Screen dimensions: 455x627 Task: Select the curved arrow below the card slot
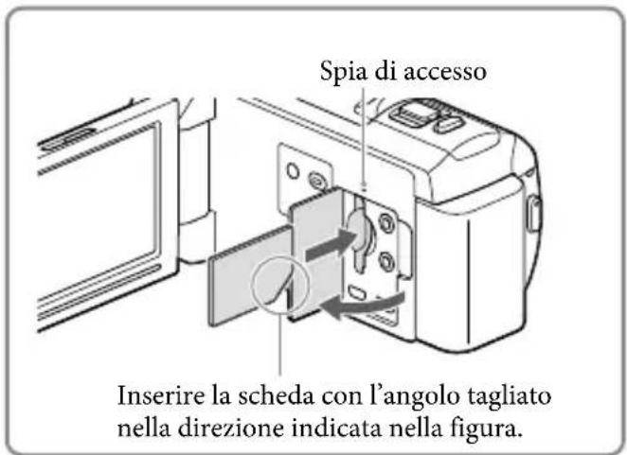pyautogui.click(x=366, y=305)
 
